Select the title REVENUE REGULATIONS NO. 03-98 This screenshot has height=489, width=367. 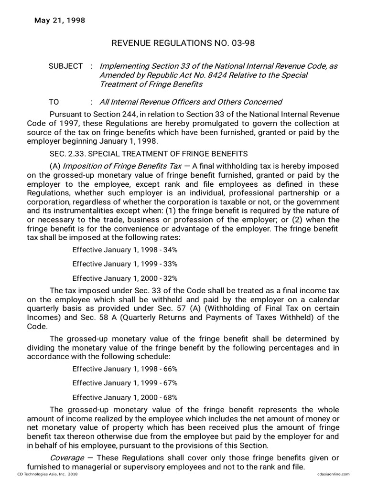point(183,43)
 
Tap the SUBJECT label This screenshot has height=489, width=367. point(65,66)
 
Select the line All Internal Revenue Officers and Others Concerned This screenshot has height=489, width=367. point(190,102)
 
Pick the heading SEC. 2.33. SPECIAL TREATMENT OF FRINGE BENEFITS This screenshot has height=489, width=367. point(149,154)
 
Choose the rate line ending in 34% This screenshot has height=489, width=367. point(125,250)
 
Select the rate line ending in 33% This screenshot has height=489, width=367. point(125,264)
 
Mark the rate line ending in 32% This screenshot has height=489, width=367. point(125,278)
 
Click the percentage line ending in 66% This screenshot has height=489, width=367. point(125,369)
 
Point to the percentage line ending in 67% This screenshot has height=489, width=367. point(125,383)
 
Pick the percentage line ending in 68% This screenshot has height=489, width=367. point(125,397)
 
